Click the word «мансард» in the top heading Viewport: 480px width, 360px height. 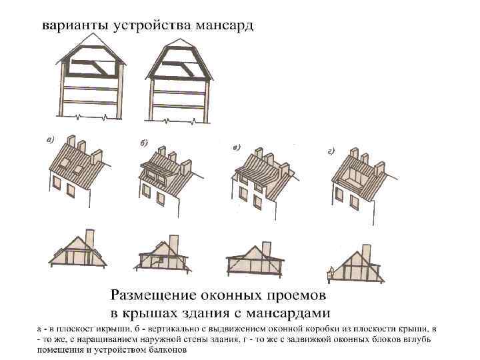(224, 26)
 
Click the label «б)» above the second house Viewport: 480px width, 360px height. (144, 143)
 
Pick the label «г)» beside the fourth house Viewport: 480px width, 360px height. (331, 152)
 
